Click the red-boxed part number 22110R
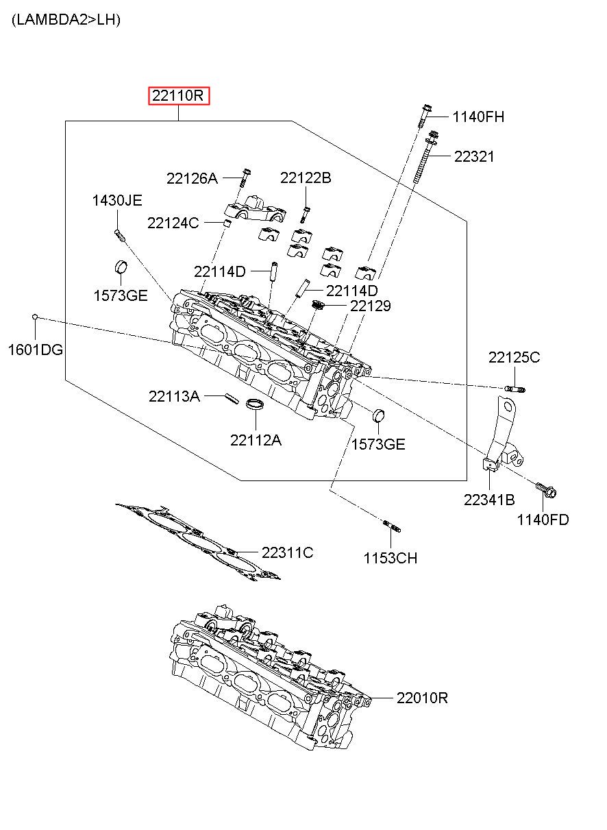pyautogui.click(x=178, y=96)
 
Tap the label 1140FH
pyautogui.click(x=478, y=117)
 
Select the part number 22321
pyautogui.click(x=474, y=157)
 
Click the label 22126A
pyautogui.click(x=192, y=179)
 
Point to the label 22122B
pyautogui.click(x=306, y=178)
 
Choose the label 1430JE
pyautogui.click(x=117, y=200)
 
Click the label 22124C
pyautogui.click(x=173, y=223)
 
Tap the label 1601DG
pyautogui.click(x=36, y=350)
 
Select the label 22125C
pyautogui.click(x=514, y=358)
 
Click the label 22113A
pyautogui.click(x=174, y=396)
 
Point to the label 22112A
pyautogui.click(x=256, y=441)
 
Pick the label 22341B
pyautogui.click(x=489, y=500)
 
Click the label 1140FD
pyautogui.click(x=543, y=520)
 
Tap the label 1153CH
pyautogui.click(x=391, y=559)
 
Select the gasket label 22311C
pyautogui.click(x=287, y=553)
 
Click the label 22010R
pyautogui.click(x=422, y=698)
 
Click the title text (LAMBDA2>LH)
pyautogui.click(x=66, y=19)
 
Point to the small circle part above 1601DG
pyautogui.click(x=35, y=317)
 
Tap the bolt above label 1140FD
pyautogui.click(x=546, y=489)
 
